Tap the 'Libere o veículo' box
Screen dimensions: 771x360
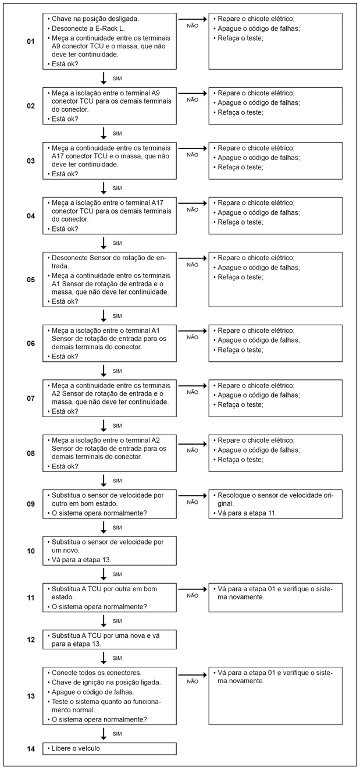coord(109,748)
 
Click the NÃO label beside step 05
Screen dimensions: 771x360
coord(193,265)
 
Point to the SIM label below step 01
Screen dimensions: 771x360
coord(117,78)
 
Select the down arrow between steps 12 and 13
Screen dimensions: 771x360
coord(104,658)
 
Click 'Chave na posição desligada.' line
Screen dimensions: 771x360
coord(95,19)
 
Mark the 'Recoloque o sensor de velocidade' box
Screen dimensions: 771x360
coord(275,504)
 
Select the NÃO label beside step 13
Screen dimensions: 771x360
coord(193,681)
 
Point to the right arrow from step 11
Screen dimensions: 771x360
coord(193,589)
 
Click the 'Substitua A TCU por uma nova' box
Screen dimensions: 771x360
coord(109,639)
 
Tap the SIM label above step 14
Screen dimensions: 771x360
coord(117,734)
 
